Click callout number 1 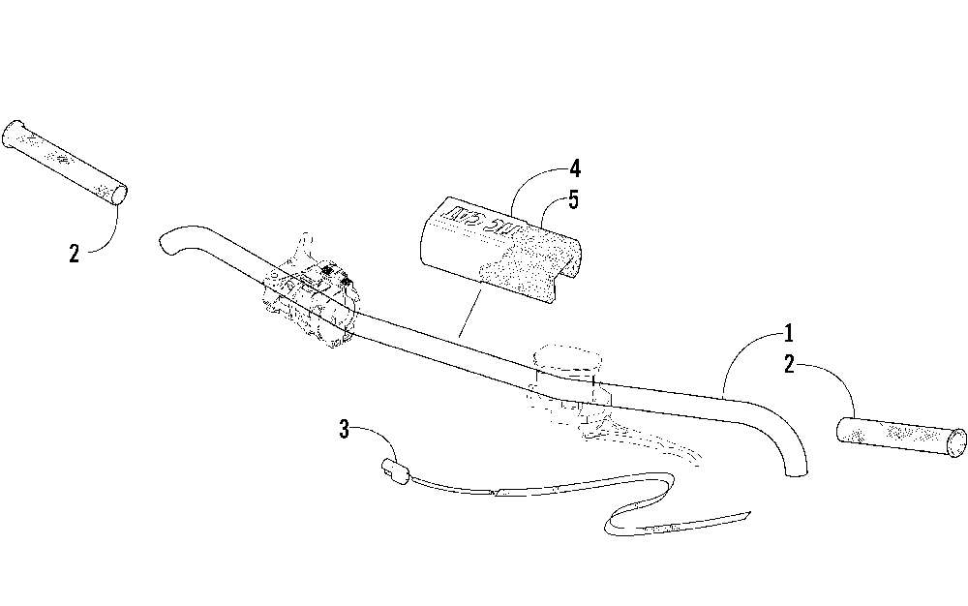pyautogui.click(x=789, y=335)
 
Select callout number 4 pyautogui.click(x=575, y=169)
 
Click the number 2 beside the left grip pyautogui.click(x=75, y=254)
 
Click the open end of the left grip pyautogui.click(x=118, y=194)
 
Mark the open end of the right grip pyautogui.click(x=958, y=441)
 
